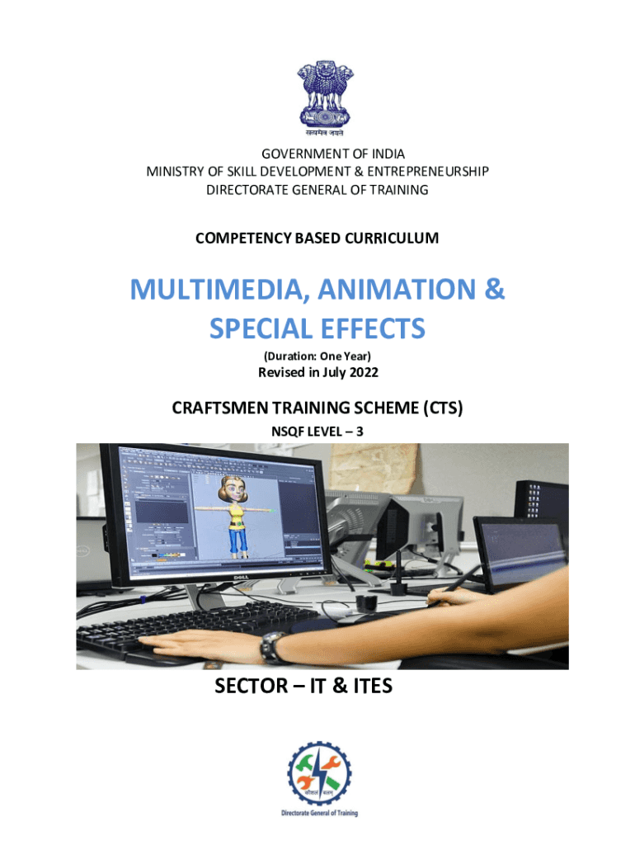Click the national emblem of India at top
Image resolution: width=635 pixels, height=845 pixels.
325,97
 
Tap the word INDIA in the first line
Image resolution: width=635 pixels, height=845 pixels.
388,154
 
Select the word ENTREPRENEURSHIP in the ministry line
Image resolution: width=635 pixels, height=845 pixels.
428,172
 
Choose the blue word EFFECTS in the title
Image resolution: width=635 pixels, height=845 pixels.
373,328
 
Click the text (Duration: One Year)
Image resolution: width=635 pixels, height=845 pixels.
317,356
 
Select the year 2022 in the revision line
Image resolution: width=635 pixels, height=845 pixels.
364,372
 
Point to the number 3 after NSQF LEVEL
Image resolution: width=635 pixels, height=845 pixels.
360,432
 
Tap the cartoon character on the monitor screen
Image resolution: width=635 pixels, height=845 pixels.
234,516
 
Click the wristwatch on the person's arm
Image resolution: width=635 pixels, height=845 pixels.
272,646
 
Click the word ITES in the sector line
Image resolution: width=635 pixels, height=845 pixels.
373,686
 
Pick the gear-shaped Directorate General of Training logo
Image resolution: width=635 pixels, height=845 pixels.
319,774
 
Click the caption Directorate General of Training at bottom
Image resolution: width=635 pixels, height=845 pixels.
319,813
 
